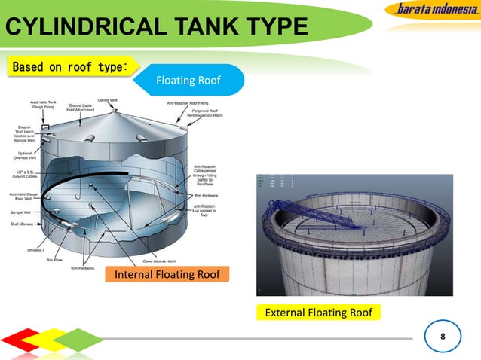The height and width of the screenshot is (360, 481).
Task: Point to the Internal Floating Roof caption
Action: [167, 274]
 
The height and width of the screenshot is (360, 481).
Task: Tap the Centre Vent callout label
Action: [107, 99]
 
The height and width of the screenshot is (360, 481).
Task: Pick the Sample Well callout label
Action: [20, 212]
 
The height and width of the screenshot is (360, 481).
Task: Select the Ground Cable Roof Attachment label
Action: [81, 108]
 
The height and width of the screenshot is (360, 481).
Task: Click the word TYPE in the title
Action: [271, 29]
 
